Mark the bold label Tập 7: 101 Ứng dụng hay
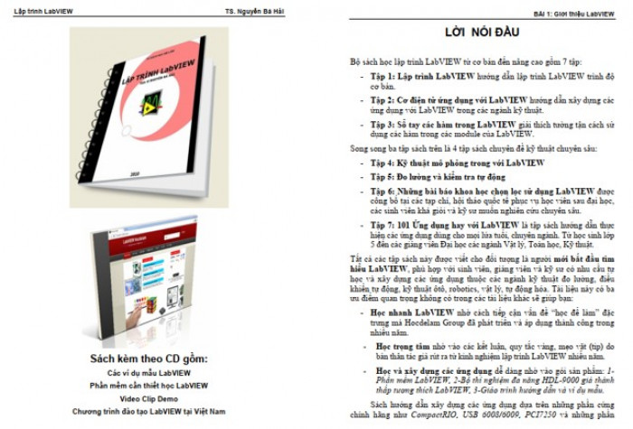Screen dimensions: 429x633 (x=423, y=223)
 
